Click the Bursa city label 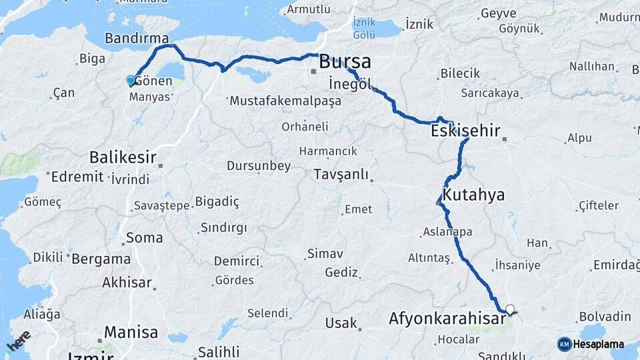pyautogui.click(x=345, y=63)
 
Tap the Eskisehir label pyautogui.click(x=465, y=131)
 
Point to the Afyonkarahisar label pyautogui.click(x=447, y=319)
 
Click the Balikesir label pyautogui.click(x=123, y=158)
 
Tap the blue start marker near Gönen pyautogui.click(x=131, y=81)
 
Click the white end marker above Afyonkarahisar pyautogui.click(x=510, y=309)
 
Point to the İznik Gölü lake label pyautogui.click(x=363, y=27)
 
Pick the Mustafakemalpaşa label pyautogui.click(x=285, y=101)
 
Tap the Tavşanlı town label pyautogui.click(x=341, y=175)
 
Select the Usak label pyautogui.click(x=341, y=323)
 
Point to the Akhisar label pyautogui.click(x=127, y=282)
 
